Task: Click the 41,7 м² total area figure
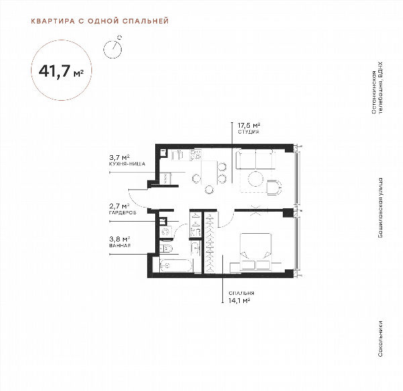click(x=61, y=71)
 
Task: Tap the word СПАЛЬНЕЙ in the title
click(x=146, y=21)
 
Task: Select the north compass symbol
click(x=113, y=48)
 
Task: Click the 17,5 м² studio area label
click(x=249, y=126)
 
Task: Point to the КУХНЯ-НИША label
click(x=127, y=164)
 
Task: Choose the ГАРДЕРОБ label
click(x=123, y=213)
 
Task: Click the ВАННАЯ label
click(x=120, y=245)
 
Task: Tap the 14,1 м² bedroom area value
click(x=239, y=300)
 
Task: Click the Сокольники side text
click(x=380, y=339)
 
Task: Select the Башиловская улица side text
click(x=380, y=208)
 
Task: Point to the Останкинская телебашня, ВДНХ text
click(x=377, y=88)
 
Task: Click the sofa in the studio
click(x=255, y=159)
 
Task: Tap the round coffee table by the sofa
click(x=256, y=179)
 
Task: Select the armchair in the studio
click(x=274, y=187)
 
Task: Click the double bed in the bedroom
click(x=256, y=251)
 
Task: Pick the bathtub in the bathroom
click(x=176, y=265)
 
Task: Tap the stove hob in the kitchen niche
click(x=195, y=155)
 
